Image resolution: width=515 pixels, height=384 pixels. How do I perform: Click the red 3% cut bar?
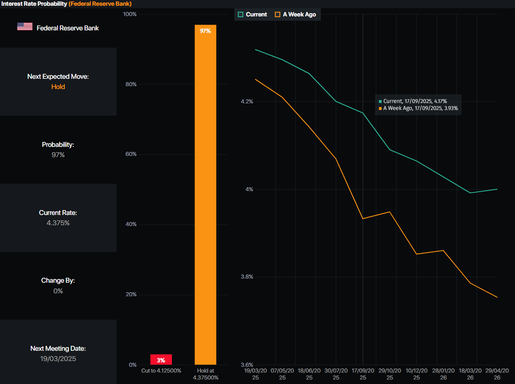[161, 360]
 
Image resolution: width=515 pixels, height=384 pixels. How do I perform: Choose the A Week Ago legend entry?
[295, 14]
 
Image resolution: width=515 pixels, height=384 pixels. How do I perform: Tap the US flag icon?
[25, 27]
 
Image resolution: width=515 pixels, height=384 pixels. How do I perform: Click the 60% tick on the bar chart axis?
[131, 154]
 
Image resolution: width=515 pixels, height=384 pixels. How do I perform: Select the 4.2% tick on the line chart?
[247, 102]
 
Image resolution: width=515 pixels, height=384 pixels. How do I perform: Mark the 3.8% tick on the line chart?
[247, 277]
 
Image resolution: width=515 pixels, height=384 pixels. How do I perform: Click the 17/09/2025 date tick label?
[363, 374]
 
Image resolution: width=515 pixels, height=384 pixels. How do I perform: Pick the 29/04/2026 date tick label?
[497, 374]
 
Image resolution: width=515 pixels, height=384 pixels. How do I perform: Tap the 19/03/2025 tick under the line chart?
[255, 374]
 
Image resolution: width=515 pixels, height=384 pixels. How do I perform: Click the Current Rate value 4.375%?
[58, 223]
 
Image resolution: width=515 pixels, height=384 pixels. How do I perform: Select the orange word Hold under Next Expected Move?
[58, 87]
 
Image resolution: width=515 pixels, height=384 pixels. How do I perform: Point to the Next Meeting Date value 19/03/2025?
[58, 359]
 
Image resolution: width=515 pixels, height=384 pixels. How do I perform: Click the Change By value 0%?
[58, 291]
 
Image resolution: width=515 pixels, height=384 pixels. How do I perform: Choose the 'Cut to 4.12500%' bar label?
[161, 371]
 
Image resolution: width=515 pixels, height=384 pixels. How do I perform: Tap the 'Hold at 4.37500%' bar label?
[206, 374]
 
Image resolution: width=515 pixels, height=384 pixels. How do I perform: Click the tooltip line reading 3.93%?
[420, 108]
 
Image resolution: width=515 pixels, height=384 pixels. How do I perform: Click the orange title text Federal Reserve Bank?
[100, 4]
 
